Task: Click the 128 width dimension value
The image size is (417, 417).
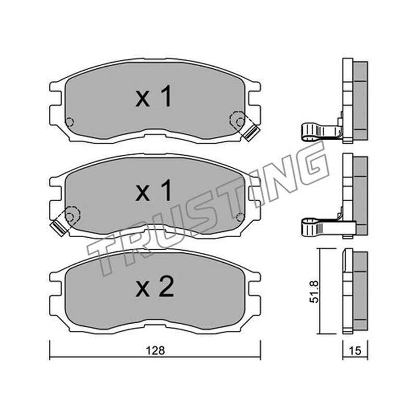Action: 155,351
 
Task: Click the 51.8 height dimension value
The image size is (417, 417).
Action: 314,291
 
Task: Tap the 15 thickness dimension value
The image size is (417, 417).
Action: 355,351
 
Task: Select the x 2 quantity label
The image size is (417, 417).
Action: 155,287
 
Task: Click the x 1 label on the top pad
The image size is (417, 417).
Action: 154,96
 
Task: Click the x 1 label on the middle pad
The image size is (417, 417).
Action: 154,190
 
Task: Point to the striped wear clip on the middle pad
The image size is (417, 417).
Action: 58,227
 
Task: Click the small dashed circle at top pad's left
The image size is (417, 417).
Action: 69,122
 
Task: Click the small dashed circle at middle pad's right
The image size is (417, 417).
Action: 240,217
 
